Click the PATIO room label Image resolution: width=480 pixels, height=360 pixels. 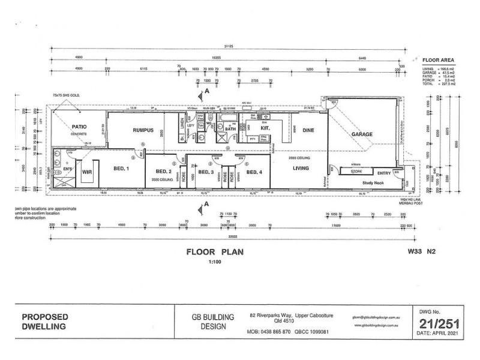pos(80,127)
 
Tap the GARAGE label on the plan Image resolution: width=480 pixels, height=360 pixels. pos(362,134)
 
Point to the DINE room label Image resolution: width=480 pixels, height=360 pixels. pos(308,130)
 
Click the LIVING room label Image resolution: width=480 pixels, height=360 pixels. pos(301,169)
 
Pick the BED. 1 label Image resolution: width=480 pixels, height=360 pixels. pos(122,169)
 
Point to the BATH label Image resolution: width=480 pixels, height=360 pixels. pos(230,128)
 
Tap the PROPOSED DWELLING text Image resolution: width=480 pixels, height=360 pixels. pos(46,322)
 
